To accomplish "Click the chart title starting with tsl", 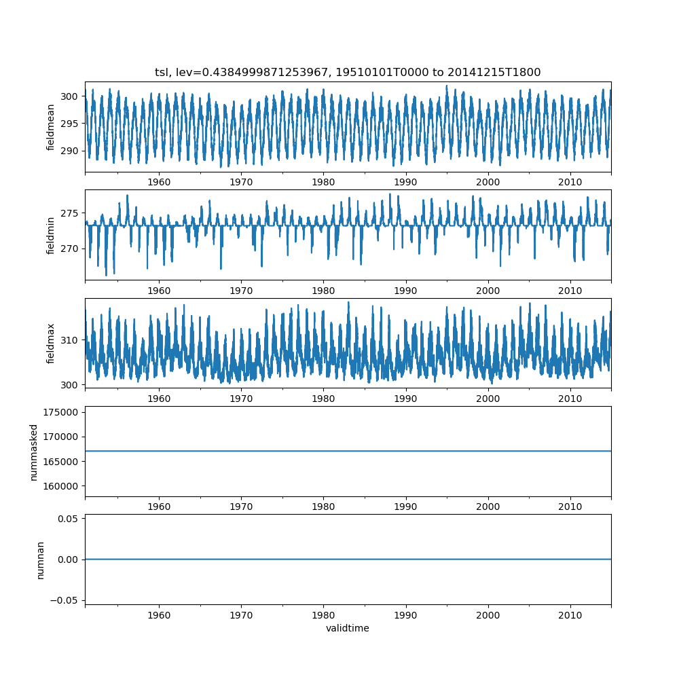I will point(348,73).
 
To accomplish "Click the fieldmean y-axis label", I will point(51,128).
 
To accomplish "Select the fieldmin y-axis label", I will point(51,235).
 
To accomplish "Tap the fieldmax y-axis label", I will point(51,343).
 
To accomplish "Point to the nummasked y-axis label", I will point(34,452).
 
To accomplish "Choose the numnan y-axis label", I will point(41,559).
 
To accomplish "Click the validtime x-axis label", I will point(348,629).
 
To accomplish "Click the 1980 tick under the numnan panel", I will point(323,614).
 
